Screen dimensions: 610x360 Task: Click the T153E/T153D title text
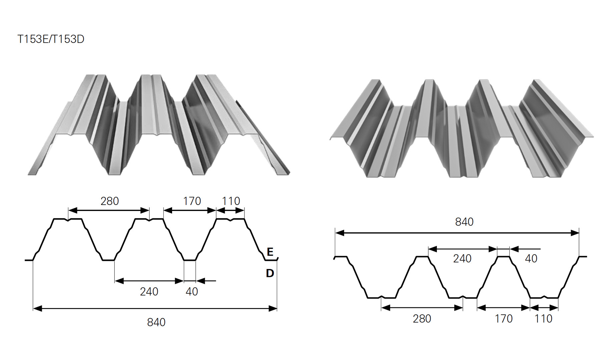coord(51,39)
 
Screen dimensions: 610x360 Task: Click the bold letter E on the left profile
coord(270,252)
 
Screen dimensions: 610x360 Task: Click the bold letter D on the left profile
coord(270,273)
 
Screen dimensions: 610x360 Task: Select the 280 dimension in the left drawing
coord(110,201)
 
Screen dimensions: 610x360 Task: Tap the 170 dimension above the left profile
coord(192,201)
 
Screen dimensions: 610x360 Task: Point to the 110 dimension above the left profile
coord(231,201)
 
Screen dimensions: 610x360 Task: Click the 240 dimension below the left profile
coord(149,292)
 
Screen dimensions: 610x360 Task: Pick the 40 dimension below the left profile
coord(192,292)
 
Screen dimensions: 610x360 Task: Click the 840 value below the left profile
coord(156,322)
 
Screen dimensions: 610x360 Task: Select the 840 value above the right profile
coord(464,222)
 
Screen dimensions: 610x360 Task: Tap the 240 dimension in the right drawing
coord(462,258)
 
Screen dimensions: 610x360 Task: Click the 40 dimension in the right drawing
coord(531,258)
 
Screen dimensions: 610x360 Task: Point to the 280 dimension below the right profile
coord(422,319)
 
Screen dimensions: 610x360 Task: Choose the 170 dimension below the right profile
coord(504,319)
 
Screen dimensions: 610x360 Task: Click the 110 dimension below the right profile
coord(544,319)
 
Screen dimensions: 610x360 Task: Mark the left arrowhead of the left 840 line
coord(37,309)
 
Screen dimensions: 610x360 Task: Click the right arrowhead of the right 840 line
coord(575,233)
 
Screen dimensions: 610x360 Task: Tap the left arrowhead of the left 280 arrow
coord(73,210)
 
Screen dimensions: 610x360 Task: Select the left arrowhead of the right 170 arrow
coord(482,308)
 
